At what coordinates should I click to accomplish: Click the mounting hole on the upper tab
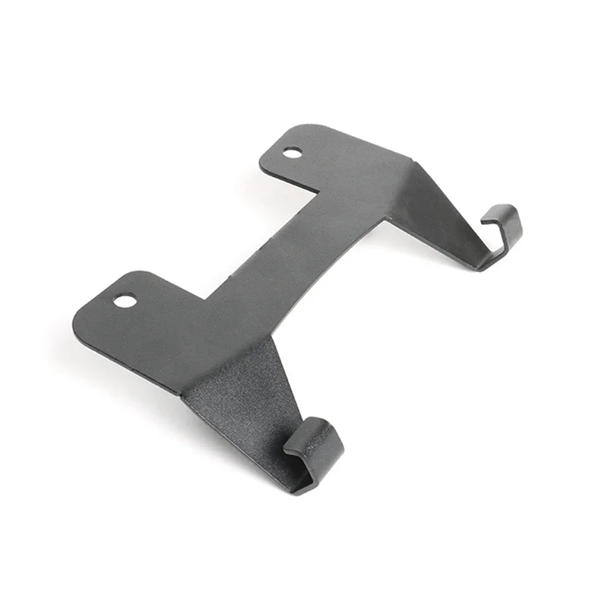tap(292, 153)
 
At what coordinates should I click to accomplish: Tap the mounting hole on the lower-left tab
tap(125, 301)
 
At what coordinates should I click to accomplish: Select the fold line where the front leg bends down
tap(228, 365)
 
